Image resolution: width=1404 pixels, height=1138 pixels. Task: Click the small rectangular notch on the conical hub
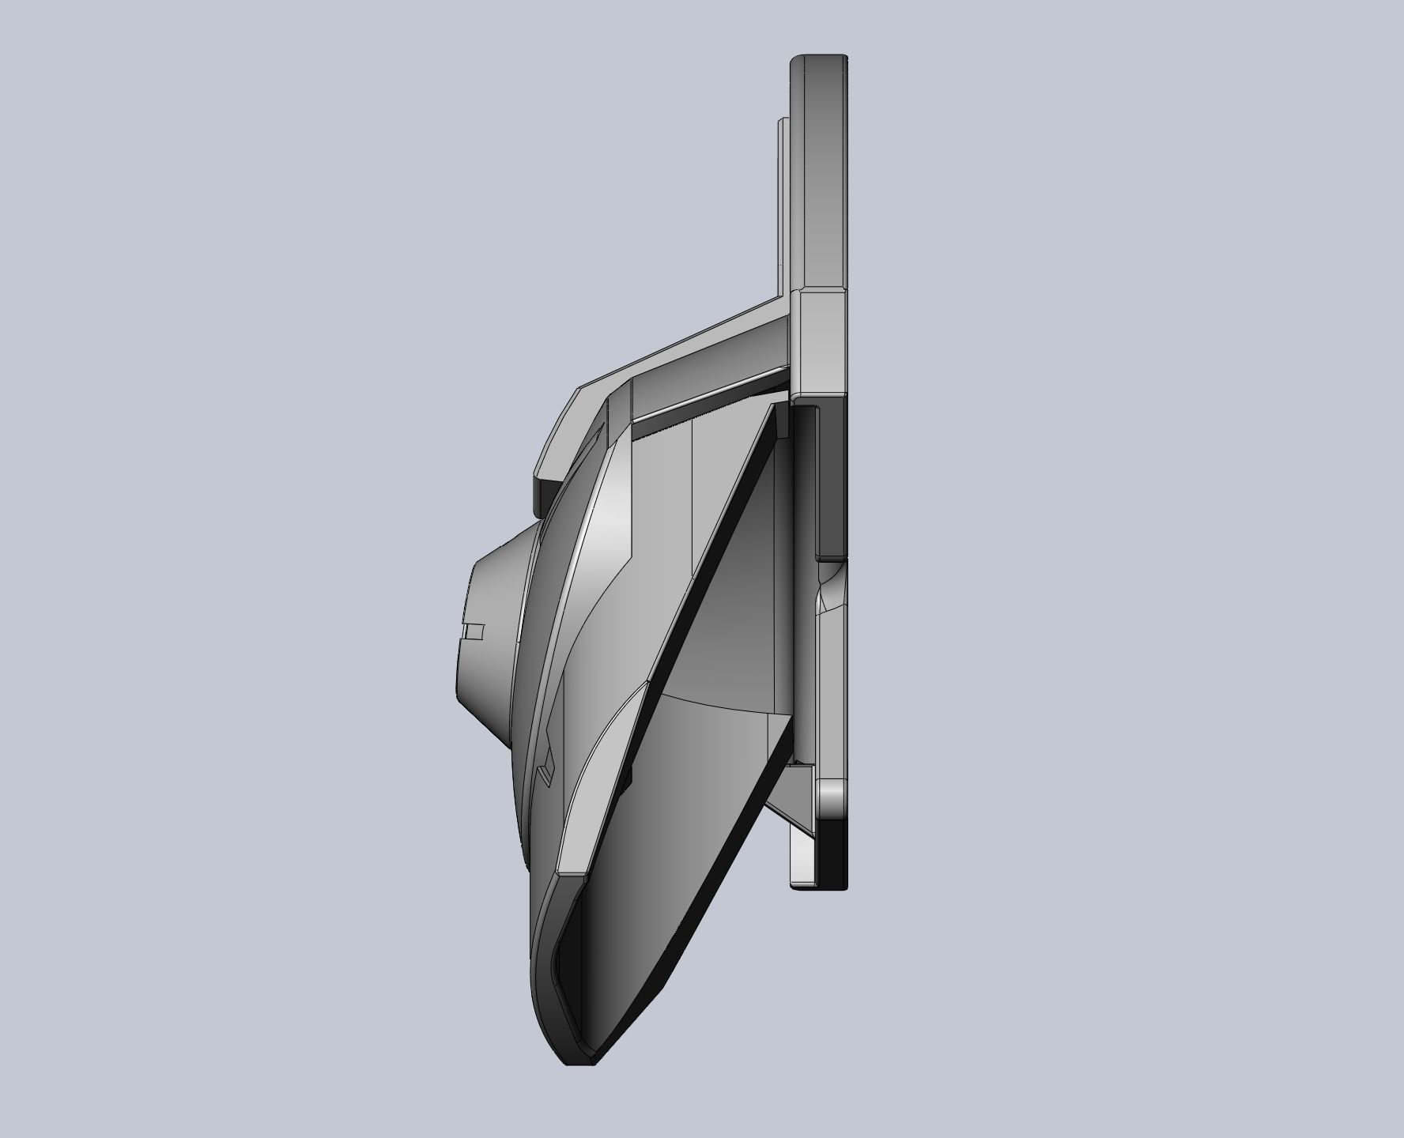pos(473,631)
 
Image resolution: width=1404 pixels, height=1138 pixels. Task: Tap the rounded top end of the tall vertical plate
pos(819,60)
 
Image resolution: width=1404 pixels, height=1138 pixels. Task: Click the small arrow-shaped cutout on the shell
pos(545,771)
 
